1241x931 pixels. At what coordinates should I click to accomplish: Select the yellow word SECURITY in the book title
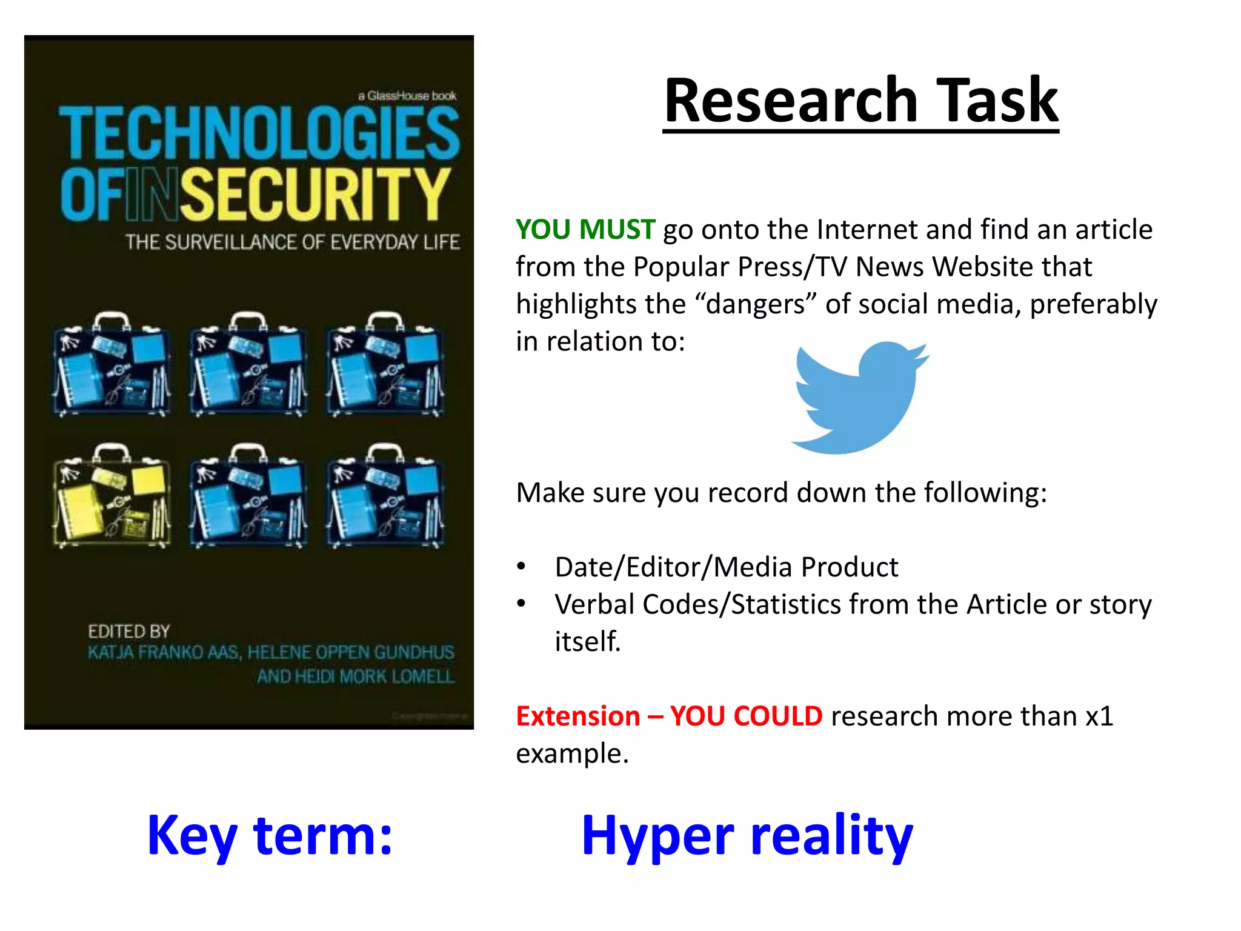coord(315,194)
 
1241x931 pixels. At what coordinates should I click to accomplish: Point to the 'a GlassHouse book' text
coord(407,96)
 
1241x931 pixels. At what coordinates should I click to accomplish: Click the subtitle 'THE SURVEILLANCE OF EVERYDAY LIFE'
coord(293,242)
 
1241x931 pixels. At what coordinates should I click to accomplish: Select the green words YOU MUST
coord(585,230)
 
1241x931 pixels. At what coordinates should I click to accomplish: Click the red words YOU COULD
coord(746,716)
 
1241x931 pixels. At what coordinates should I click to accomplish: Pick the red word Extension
coord(577,716)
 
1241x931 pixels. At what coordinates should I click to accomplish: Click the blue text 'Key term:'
coord(270,835)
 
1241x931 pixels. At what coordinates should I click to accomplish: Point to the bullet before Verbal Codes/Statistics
coord(521,604)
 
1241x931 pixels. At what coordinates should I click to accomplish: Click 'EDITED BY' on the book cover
coord(128,632)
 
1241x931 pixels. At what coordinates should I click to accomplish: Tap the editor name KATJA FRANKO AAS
coord(164,653)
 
